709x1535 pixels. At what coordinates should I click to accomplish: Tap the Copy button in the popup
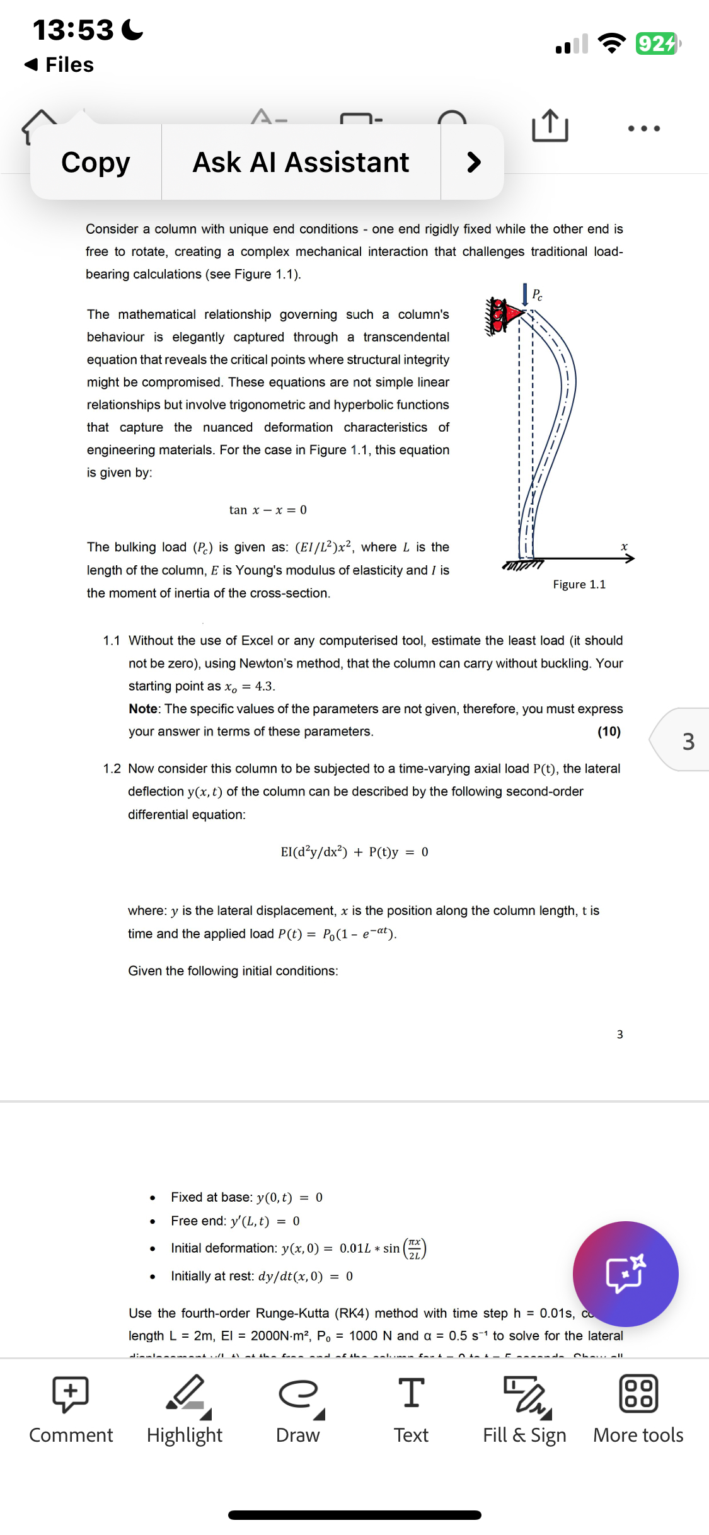tap(96, 163)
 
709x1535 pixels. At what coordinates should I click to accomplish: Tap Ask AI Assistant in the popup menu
tap(301, 163)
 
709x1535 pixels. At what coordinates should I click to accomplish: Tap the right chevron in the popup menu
tap(473, 163)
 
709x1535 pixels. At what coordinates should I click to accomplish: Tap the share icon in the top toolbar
tap(550, 126)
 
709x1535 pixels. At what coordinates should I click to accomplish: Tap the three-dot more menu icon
tap(643, 129)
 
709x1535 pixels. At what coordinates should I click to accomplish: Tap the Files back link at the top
tap(59, 65)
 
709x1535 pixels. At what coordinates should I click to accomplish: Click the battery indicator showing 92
tap(657, 44)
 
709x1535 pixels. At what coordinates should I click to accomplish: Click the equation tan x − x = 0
tap(268, 510)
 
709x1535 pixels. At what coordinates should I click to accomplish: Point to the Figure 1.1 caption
tap(579, 585)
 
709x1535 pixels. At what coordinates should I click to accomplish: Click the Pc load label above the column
tap(537, 294)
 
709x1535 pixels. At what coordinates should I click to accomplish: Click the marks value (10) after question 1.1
tap(609, 732)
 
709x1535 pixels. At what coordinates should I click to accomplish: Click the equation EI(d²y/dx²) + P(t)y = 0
tap(354, 853)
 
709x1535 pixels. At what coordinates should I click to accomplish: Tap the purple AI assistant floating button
tap(625, 1273)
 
